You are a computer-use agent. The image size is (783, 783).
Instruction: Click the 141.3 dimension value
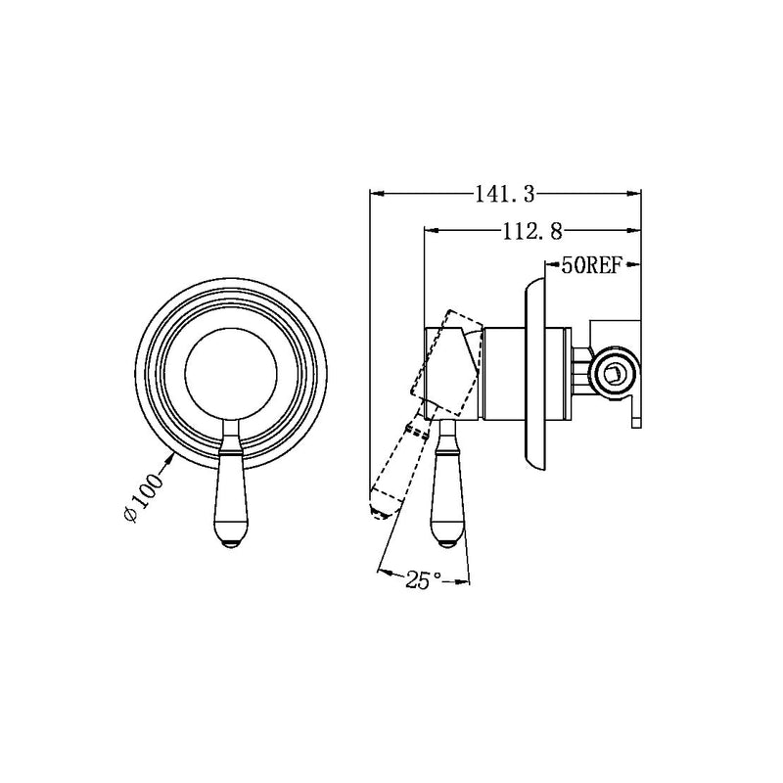pyautogui.click(x=504, y=194)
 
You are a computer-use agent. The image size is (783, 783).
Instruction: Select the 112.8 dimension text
pyautogui.click(x=532, y=231)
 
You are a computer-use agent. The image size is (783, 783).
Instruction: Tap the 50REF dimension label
pyautogui.click(x=591, y=265)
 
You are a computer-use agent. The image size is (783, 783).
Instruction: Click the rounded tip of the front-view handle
pyautogui.click(x=231, y=543)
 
